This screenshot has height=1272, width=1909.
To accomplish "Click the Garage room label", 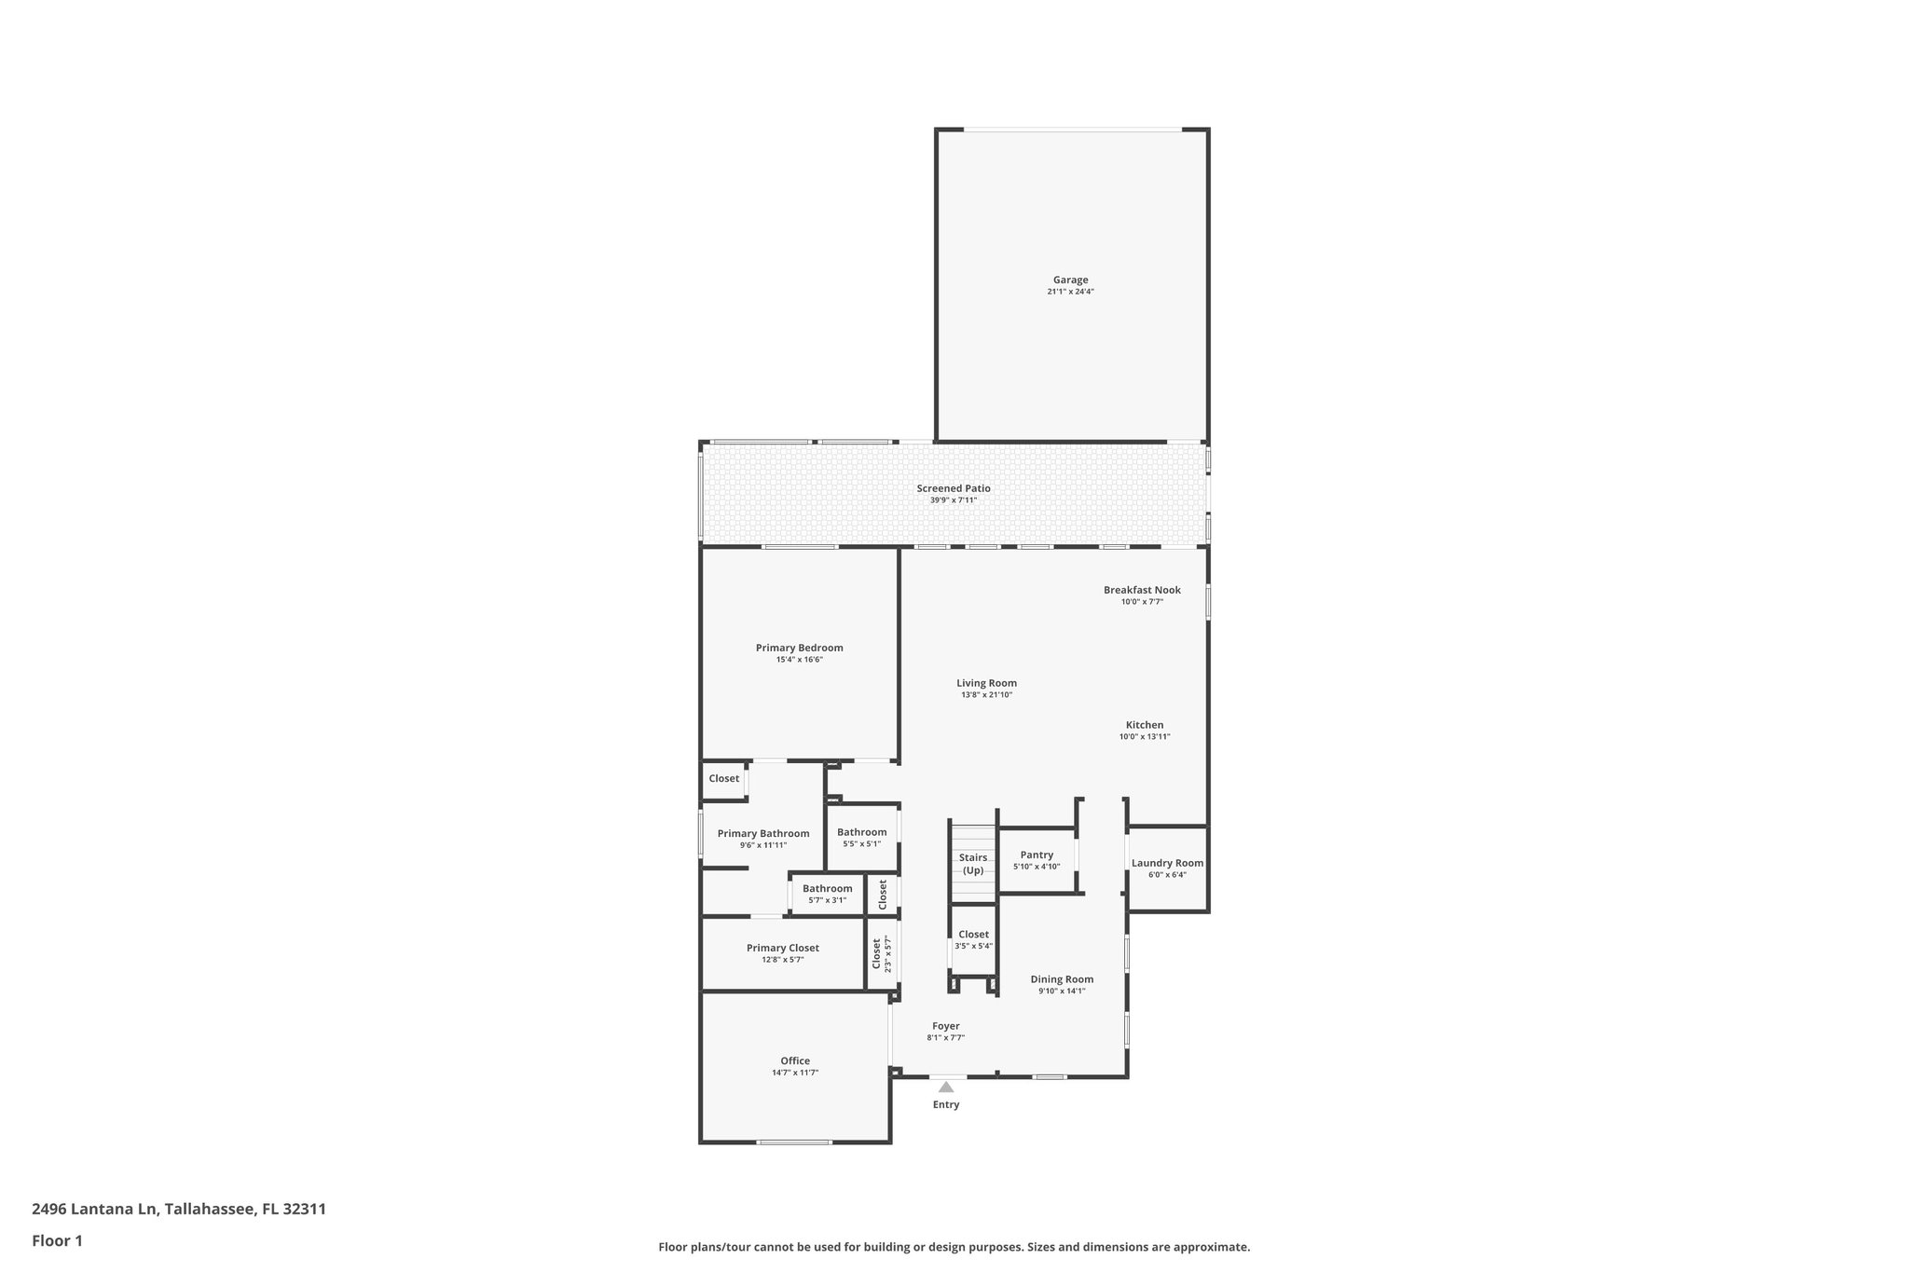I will pos(1070,280).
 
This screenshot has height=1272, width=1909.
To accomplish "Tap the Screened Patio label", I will pos(953,488).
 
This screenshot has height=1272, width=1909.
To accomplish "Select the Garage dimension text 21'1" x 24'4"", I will pos(1070,292).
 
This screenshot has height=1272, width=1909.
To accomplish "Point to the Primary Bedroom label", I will pos(799,648).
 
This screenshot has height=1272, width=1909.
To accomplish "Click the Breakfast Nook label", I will pos(1142,590).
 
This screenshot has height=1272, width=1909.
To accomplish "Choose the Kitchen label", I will pos(1144,725).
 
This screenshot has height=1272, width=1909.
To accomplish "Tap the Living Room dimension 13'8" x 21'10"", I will pos(986,695).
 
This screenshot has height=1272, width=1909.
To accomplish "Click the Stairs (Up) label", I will pos(973,864).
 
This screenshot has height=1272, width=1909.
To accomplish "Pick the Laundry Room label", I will pos(1167,863).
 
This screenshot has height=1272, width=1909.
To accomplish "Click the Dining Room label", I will pos(1062,979).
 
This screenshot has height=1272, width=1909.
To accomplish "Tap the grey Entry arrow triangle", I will pos(946,1087).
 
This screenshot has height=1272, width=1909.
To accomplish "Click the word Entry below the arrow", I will pos(946,1105).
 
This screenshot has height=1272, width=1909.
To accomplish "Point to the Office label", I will pos(795,1060).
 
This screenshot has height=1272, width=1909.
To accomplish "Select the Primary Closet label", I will pos(782,948).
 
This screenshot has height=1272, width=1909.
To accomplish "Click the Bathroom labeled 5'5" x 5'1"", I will pos(861,832).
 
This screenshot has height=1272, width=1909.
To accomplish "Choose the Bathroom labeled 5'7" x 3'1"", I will pos(827,888).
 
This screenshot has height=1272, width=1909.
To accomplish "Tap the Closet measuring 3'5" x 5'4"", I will pos(973,935).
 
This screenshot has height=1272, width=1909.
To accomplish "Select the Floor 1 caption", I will pos(57,1241).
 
